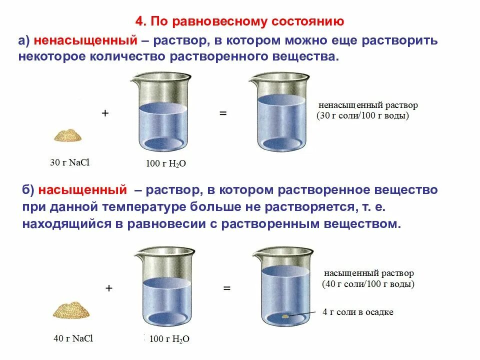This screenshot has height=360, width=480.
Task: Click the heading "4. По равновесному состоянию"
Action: pos(239,22)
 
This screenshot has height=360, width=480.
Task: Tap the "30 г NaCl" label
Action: pos(69,162)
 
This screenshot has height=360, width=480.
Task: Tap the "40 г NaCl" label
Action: pos(73,338)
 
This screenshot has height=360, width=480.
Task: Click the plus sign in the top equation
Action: pos(105,113)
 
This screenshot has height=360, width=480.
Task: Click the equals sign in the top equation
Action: pos(223,113)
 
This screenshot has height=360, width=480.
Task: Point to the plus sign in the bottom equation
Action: pos(109,288)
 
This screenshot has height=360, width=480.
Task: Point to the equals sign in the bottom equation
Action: pos(226,288)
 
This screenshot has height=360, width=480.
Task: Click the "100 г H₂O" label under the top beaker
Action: pos(166,163)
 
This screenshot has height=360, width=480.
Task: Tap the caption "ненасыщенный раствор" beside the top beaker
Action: pos(368,106)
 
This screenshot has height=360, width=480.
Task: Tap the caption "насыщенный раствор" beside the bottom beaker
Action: pos(369,274)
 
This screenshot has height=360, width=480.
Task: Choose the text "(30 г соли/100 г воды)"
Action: pos(363,116)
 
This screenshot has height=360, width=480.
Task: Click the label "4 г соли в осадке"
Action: pos(358,312)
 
